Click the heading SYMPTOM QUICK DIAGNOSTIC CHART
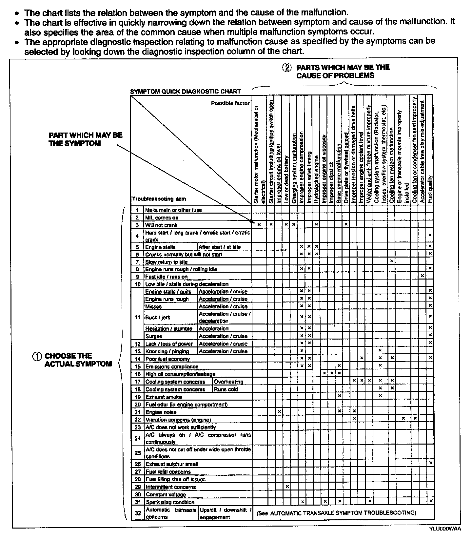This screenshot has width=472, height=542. point(186,92)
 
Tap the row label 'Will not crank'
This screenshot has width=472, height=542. point(161,225)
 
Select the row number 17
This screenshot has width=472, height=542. point(138,382)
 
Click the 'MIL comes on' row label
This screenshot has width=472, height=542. point(162,218)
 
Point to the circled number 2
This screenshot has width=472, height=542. point(287,68)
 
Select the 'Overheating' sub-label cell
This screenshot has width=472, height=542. point(228,382)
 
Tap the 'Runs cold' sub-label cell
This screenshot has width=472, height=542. point(226,389)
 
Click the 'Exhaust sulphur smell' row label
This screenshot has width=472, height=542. point(172,464)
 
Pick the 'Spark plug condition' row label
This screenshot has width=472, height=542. point(170,502)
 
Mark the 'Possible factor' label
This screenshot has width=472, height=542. point(230,103)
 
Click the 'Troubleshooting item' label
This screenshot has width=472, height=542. point(159,199)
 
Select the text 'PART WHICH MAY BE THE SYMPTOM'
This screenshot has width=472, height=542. point(86,139)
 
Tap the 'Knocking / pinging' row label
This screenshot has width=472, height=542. point(167,351)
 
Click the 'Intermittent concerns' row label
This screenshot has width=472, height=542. point(170,487)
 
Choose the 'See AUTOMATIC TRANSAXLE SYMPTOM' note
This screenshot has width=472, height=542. point(337,513)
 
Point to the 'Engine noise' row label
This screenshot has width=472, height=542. point(161,412)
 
